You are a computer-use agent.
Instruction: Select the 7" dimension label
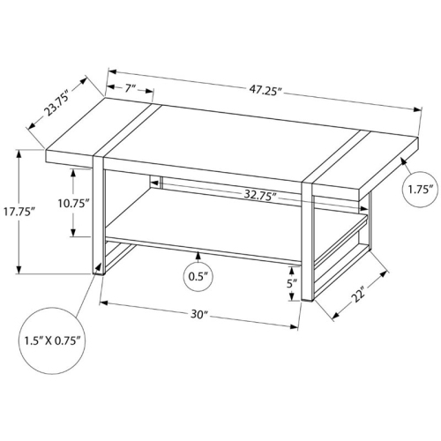point(130,88)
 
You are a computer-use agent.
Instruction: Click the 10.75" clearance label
point(72,203)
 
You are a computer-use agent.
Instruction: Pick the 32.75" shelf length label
point(260,195)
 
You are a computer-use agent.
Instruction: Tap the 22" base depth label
point(358,295)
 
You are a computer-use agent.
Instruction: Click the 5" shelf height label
point(291,284)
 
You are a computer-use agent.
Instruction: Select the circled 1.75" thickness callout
point(420,190)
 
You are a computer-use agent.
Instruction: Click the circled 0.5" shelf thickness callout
point(198,277)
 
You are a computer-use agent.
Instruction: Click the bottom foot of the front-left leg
point(99,273)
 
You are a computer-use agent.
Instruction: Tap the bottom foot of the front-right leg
point(308,299)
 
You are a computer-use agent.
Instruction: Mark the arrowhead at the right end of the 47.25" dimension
point(417,110)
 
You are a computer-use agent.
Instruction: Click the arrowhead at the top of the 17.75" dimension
point(19,154)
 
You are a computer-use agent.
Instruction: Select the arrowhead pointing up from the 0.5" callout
point(198,256)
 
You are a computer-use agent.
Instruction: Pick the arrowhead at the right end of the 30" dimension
point(295,326)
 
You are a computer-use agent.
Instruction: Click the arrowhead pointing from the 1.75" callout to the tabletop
point(403,161)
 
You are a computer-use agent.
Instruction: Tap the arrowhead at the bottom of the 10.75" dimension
point(73,232)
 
